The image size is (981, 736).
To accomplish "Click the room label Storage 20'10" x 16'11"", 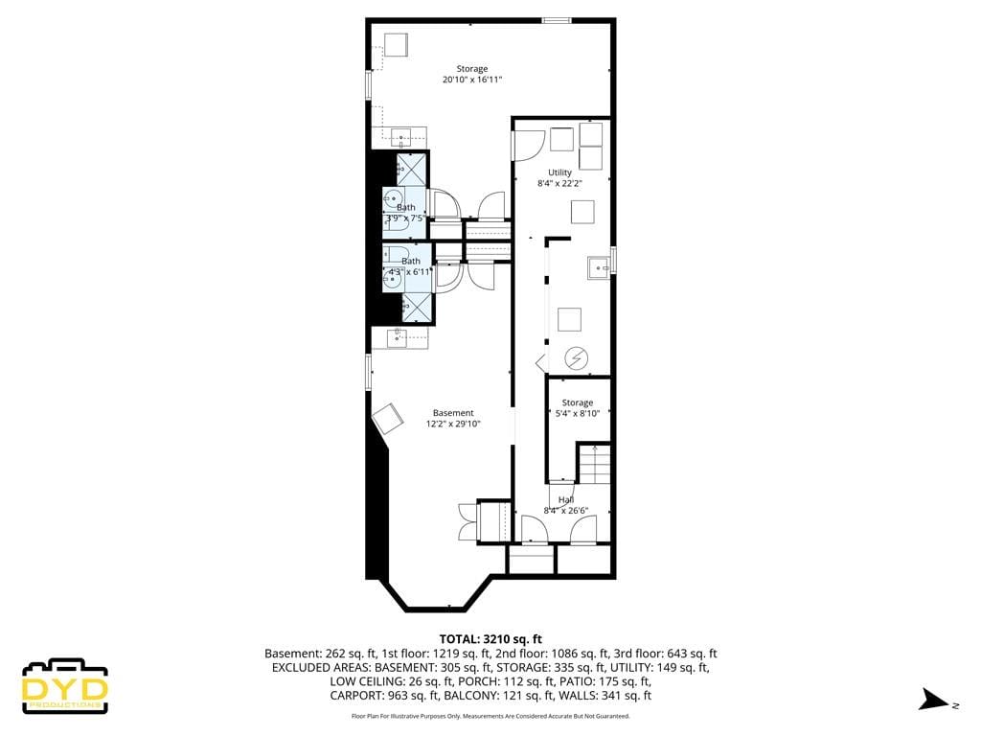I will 471,74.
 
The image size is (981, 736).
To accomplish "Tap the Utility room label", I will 559,177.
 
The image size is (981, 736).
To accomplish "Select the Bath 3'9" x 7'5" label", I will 405,212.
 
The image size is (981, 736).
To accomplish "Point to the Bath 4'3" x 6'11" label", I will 410,266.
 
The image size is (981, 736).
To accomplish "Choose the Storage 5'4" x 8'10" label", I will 577,408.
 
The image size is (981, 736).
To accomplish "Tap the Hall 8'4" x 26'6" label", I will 565,505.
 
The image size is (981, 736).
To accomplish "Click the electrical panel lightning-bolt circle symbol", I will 576,358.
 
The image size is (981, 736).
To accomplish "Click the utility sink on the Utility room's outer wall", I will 599,267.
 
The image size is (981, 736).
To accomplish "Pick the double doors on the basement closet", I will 467,522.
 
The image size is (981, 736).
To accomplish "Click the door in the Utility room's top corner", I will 525,144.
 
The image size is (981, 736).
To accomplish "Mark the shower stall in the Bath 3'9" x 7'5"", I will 411,171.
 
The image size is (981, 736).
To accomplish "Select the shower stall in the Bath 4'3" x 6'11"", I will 416,308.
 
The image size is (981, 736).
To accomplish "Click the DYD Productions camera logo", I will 65,685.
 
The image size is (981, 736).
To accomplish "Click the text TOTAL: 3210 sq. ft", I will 490,638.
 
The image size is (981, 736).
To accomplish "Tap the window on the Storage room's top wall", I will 556,19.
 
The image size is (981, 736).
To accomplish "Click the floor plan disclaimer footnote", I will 490,716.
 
